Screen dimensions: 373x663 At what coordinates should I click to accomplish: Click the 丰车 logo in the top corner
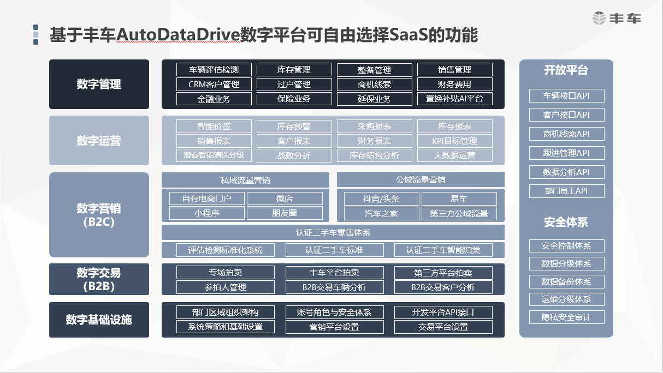click(617, 19)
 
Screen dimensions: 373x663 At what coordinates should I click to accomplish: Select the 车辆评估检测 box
click(214, 70)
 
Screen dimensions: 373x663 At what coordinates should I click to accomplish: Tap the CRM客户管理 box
click(214, 85)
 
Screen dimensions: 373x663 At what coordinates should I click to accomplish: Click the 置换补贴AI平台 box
click(454, 99)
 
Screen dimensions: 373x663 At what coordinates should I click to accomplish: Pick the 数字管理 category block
click(99, 85)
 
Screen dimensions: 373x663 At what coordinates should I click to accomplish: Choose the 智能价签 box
click(214, 127)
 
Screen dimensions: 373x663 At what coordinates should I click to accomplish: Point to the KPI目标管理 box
click(454, 141)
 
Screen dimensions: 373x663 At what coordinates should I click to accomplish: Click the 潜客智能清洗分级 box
click(214, 155)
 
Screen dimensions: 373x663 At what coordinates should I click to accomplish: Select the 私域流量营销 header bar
click(245, 180)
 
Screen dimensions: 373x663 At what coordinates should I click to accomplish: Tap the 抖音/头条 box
click(381, 199)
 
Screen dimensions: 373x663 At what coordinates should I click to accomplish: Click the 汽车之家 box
click(381, 213)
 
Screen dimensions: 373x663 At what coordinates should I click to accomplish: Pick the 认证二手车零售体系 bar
click(333, 233)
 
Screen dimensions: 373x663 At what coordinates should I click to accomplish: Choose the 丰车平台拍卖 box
click(334, 273)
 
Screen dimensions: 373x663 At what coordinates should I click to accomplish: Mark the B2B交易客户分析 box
click(443, 287)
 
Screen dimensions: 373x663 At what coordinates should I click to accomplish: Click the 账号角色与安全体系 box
click(334, 312)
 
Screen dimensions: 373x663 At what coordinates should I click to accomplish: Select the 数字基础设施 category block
click(99, 320)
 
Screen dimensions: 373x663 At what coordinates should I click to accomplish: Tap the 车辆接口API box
click(566, 96)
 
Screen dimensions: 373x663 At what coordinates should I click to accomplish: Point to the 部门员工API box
click(566, 191)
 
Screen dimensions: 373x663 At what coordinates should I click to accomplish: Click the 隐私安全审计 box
click(566, 317)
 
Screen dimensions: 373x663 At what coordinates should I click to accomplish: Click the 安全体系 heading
click(566, 222)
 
